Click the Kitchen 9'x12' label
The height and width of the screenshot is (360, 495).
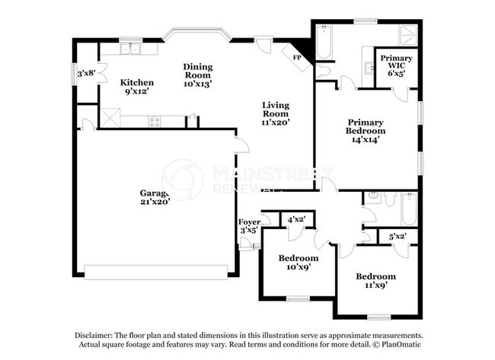click(137, 88)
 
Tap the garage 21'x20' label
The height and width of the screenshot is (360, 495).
click(154, 197)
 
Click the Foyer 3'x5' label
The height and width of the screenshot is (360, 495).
click(250, 225)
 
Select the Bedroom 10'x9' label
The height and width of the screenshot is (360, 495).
click(297, 263)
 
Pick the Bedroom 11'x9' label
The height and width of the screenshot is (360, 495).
click(376, 281)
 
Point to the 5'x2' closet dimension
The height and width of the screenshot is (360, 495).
click(397, 237)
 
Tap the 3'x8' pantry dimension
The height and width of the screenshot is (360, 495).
click(85, 74)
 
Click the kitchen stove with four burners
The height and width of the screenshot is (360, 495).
click(154, 121)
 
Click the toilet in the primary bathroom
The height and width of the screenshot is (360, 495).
click(323, 70)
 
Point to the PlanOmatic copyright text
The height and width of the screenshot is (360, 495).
click(397, 345)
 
